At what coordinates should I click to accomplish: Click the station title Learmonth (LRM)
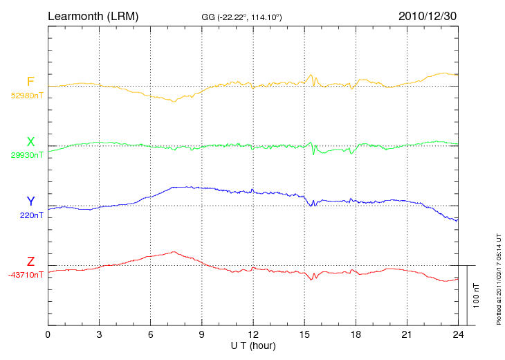(x=93, y=15)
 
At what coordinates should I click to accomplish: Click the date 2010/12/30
(x=427, y=15)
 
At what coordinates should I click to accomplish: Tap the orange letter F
(x=30, y=82)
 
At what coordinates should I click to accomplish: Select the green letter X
(x=30, y=142)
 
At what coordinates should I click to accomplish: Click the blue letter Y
(x=30, y=201)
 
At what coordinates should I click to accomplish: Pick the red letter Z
(x=30, y=262)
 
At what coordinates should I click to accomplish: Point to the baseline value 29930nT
(x=27, y=155)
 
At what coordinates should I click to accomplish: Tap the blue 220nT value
(x=32, y=215)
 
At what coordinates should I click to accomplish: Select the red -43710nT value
(x=26, y=275)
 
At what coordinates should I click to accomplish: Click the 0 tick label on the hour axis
(x=48, y=334)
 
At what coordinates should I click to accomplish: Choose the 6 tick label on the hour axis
(x=151, y=334)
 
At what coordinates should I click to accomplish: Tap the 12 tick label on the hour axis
(x=253, y=334)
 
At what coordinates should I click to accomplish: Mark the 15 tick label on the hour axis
(x=304, y=334)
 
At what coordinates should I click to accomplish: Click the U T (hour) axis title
(x=253, y=345)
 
